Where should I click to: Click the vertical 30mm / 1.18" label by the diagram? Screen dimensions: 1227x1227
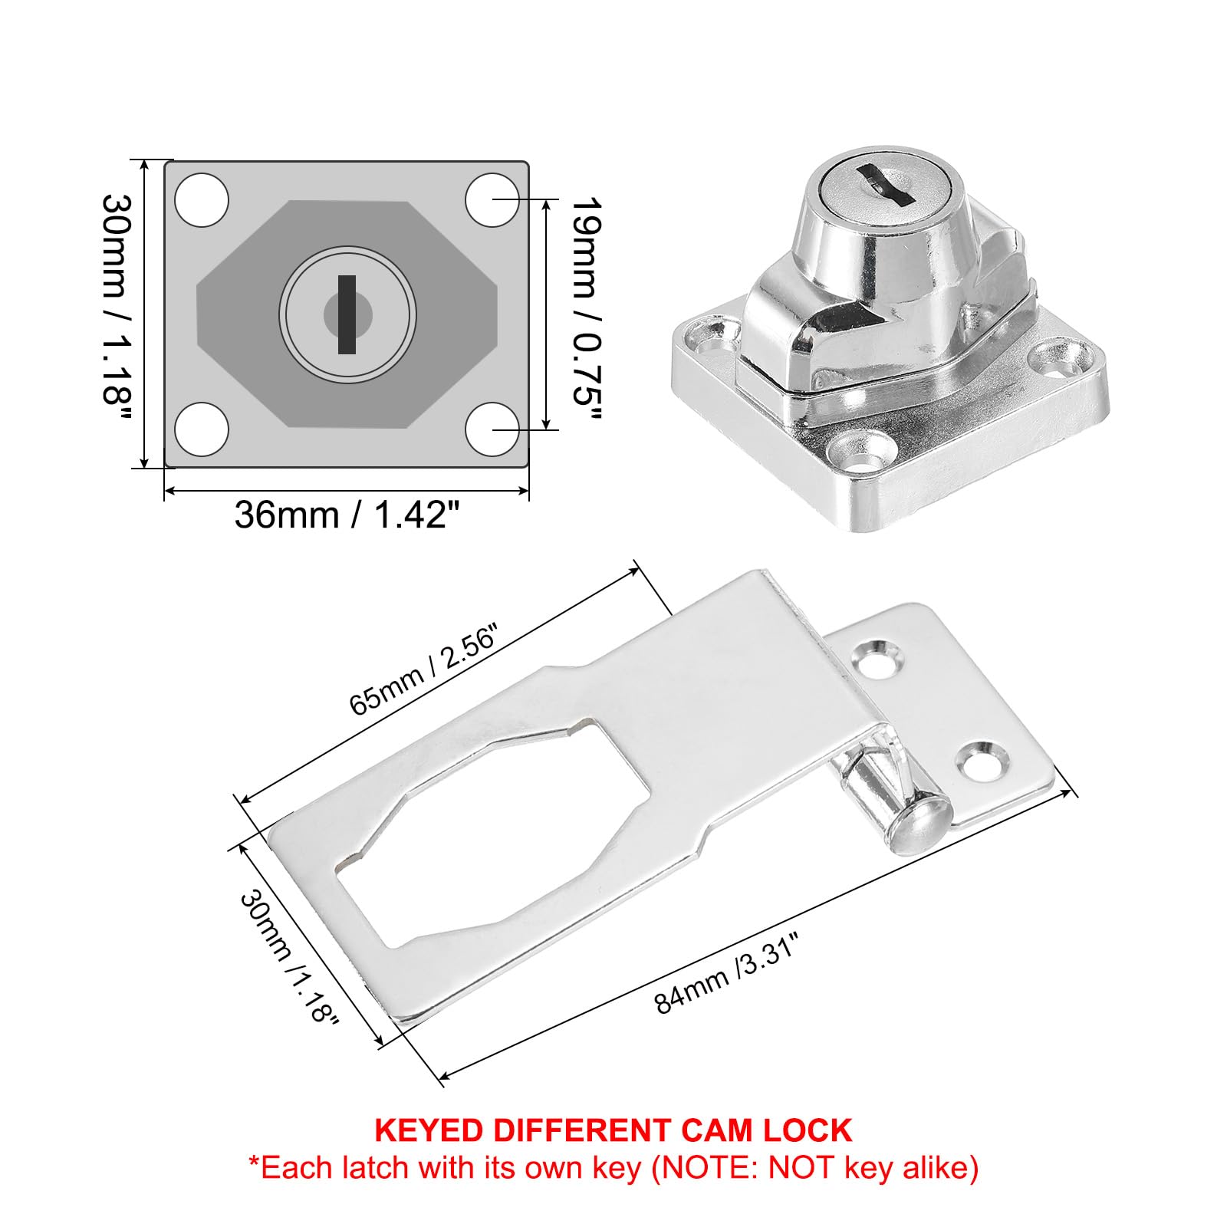coord(118,310)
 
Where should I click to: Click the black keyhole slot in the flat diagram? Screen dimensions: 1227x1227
coord(347,314)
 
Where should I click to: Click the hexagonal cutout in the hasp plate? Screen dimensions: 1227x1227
coord(491,832)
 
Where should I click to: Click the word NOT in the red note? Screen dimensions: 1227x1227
coord(801,1168)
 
